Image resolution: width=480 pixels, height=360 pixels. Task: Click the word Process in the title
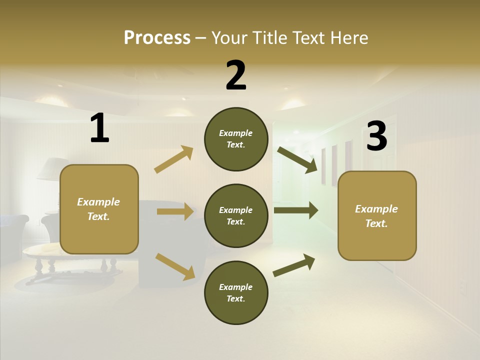[157, 37]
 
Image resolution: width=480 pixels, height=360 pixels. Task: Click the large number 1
[99, 128]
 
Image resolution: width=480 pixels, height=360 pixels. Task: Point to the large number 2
[236, 75]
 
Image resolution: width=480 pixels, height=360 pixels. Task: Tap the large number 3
[376, 136]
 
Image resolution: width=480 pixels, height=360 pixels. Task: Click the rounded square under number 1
[99, 209]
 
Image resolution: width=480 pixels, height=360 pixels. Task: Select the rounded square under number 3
[377, 215]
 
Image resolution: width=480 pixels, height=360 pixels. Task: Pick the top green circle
[236, 139]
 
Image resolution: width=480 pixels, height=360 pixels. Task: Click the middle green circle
[236, 215]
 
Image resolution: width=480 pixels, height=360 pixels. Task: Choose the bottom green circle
[236, 292]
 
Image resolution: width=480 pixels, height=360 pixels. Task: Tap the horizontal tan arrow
[175, 211]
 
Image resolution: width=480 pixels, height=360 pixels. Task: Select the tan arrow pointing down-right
[175, 266]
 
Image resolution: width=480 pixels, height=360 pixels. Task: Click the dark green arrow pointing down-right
[297, 159]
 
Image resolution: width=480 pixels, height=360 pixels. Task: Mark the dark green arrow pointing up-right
[294, 265]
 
